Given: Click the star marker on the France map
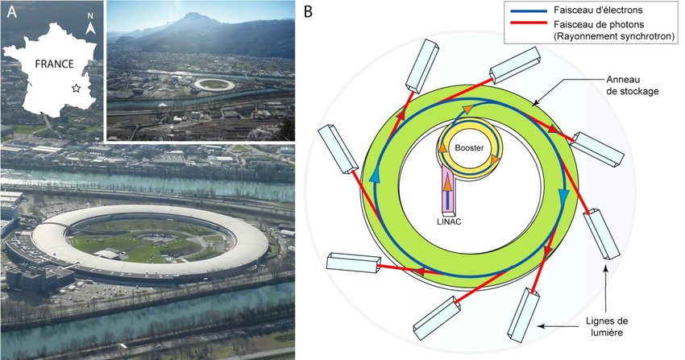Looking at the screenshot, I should pyautogui.click(x=76, y=88).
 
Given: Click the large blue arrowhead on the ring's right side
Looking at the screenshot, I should pyautogui.click(x=563, y=197).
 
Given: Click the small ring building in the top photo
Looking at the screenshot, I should pyautogui.click(x=213, y=83).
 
